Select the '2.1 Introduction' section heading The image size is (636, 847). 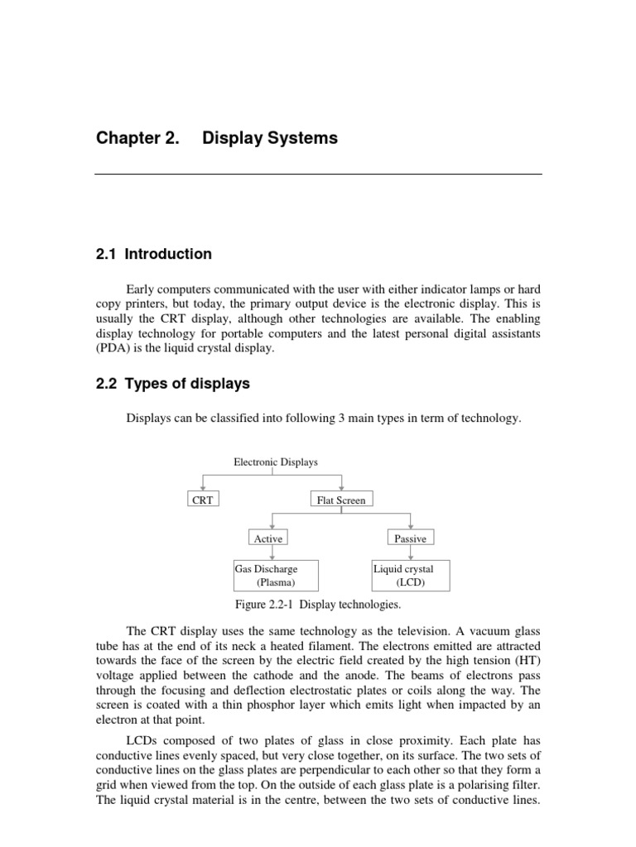[153, 254]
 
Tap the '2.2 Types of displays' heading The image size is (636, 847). [172, 384]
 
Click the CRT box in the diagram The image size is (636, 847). [202, 500]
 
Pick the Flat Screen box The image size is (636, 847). [340, 500]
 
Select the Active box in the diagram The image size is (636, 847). [267, 538]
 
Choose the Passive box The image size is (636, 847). [410, 538]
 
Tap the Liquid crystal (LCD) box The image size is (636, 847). [410, 575]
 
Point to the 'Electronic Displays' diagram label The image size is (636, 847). [276, 462]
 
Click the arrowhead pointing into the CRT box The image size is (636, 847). [202, 488]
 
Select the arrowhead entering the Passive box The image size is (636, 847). [412, 527]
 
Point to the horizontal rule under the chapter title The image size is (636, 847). [318, 175]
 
